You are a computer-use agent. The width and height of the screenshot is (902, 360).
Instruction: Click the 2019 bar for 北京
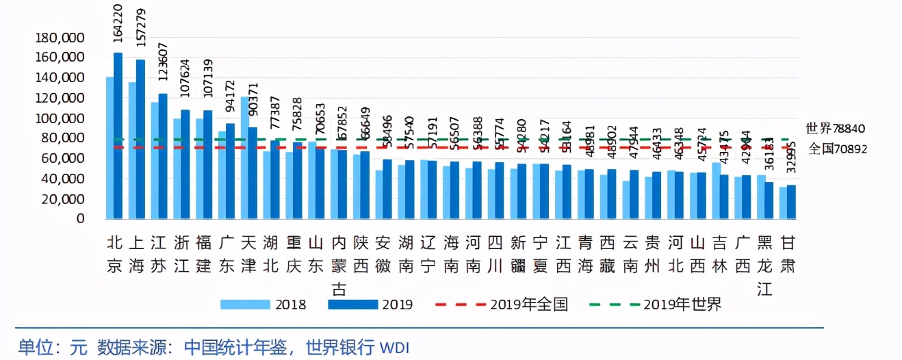118,136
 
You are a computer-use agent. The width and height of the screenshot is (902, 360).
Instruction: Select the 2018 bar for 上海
132,151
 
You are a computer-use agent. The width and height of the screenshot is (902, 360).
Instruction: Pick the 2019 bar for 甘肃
791,202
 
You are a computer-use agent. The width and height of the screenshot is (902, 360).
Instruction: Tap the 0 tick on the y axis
80,219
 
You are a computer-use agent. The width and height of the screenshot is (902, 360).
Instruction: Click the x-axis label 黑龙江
766,265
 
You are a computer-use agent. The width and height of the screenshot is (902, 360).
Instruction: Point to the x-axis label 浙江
181,254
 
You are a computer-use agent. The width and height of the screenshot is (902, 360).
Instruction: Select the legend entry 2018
263,305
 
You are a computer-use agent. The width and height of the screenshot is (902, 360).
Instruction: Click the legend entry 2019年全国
503,305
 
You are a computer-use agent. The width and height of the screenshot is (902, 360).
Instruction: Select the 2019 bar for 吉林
724,196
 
